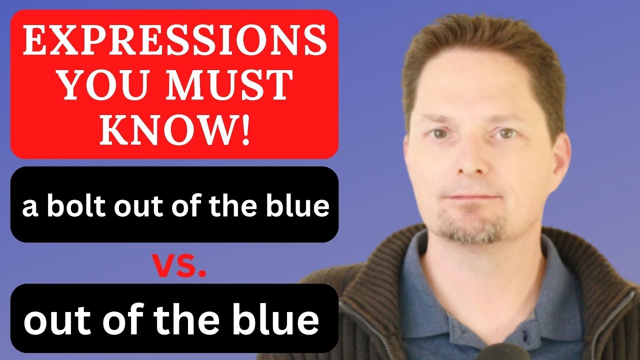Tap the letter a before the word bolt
pos(30,207)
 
